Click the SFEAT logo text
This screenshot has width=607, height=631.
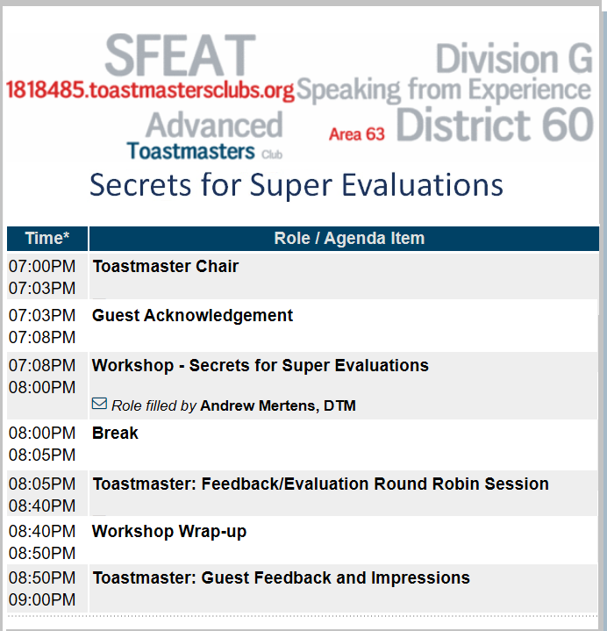[180, 55]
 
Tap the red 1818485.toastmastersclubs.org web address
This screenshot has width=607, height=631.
[150, 90]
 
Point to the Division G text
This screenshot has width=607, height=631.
[514, 58]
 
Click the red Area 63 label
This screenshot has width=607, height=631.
[357, 134]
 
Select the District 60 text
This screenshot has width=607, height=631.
[495, 125]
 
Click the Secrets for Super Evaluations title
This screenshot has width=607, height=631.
[296, 184]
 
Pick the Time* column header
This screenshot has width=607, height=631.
[47, 238]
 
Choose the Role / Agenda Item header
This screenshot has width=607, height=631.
[349, 238]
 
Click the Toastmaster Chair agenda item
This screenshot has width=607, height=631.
[165, 267]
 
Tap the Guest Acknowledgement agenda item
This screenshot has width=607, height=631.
[192, 316]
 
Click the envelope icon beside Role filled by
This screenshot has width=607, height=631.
[99, 403]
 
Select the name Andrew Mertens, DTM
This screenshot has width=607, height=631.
[278, 405]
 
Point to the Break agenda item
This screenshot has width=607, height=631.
[115, 433]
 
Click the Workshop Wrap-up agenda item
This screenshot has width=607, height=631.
[169, 532]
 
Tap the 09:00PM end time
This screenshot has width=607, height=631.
[42, 599]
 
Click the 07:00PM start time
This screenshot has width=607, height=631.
[42, 267]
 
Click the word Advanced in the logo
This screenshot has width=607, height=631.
[214, 125]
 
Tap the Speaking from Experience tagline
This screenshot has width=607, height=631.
[444, 90]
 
